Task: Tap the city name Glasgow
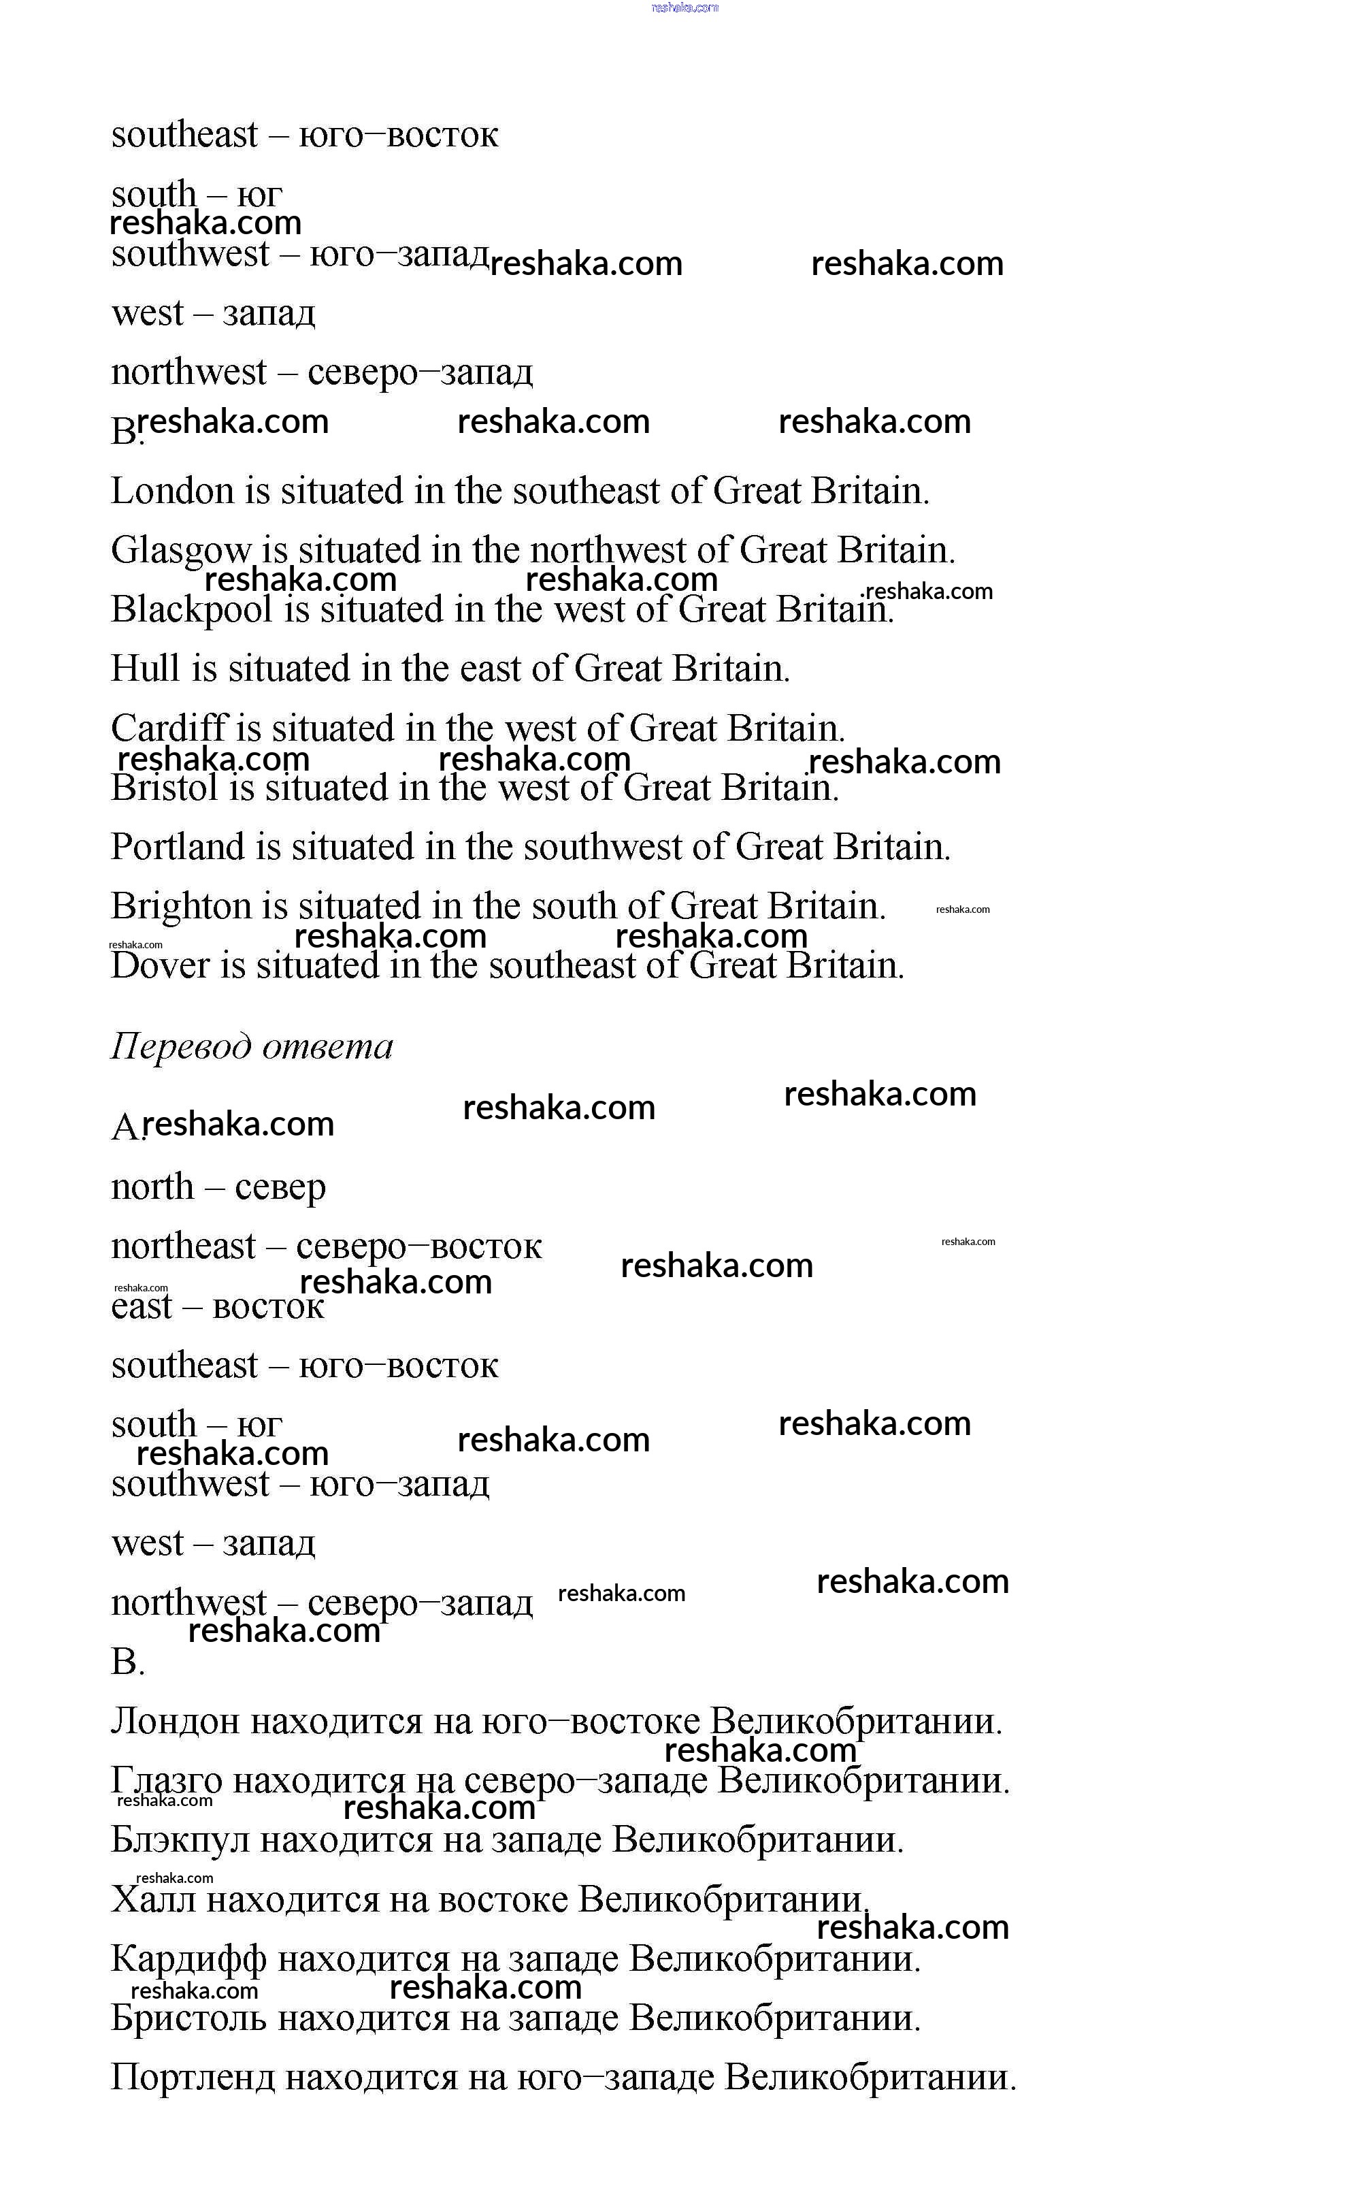181,551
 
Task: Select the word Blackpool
191,609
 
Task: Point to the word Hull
145,668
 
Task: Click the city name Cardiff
169,728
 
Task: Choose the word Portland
178,847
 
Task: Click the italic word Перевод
181,1046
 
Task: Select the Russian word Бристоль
188,2018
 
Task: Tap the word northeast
183,1247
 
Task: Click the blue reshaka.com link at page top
684,7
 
